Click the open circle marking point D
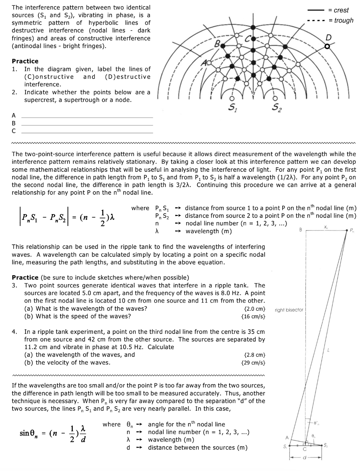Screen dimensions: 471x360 (327, 46)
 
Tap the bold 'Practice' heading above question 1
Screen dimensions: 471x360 (25, 61)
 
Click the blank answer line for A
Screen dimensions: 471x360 (87, 117)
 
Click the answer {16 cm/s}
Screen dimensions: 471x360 (253, 316)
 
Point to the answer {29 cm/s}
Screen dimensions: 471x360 (253, 362)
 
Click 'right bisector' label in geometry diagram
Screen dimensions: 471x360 (289, 310)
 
